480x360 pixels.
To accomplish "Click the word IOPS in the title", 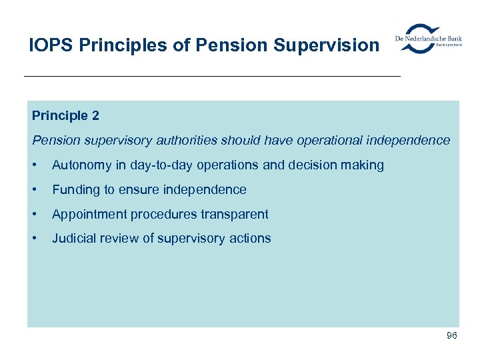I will [x=51, y=45].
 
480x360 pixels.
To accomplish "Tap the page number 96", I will [x=451, y=335].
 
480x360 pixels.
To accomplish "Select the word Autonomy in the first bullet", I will [x=81, y=165].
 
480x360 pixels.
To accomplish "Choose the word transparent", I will [x=236, y=215].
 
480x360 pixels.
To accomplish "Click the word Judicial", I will [x=75, y=239].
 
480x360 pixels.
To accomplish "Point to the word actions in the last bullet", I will [x=251, y=239].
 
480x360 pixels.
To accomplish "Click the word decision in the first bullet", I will [x=319, y=165].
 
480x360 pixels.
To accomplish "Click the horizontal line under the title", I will [x=212, y=77].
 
